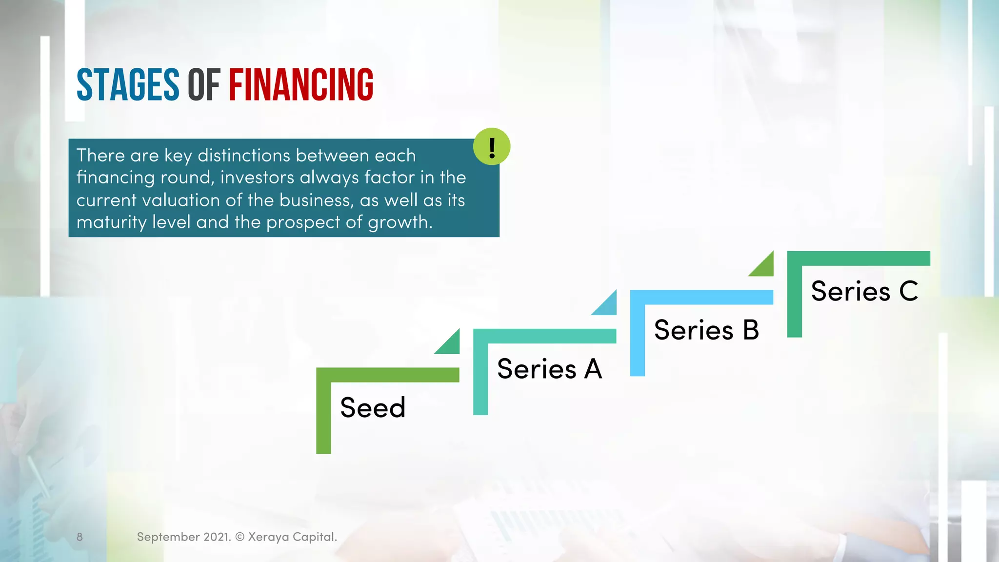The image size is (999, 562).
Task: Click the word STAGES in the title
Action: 128,85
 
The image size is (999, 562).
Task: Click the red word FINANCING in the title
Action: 301,85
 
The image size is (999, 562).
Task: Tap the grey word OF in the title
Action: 204,85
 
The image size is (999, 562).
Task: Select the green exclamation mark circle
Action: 492,146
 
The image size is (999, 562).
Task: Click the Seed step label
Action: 373,407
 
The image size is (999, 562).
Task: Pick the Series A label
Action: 549,369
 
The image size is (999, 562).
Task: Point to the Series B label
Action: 706,330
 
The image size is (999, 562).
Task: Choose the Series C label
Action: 864,291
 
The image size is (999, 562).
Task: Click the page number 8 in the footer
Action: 80,537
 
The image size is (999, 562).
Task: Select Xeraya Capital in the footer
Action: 292,537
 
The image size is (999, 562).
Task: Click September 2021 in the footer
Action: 183,537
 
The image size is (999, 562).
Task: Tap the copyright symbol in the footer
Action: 240,537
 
